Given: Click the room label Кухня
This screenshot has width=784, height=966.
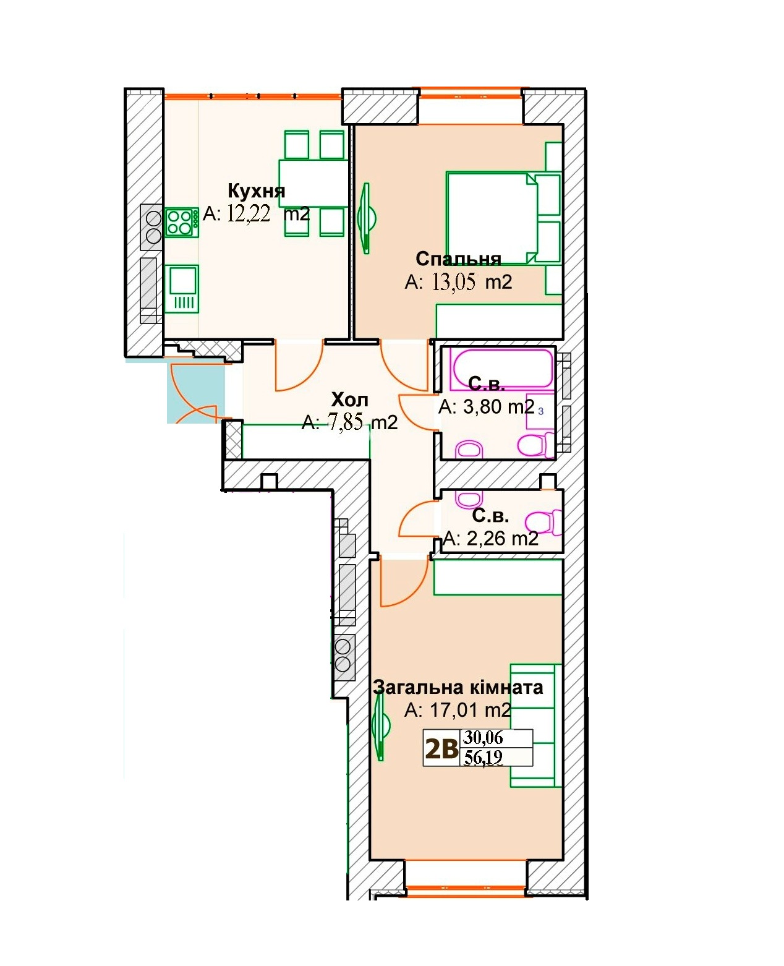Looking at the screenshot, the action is tap(256, 191).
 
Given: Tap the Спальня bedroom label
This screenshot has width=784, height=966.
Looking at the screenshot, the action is tap(458, 259).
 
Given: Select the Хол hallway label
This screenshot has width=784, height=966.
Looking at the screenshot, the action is tap(349, 400).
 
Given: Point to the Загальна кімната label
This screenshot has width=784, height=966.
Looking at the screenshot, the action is tap(458, 688).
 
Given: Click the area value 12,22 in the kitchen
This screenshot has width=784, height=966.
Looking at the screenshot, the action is tap(249, 213).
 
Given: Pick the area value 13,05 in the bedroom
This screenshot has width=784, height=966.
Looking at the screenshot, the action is tap(453, 282).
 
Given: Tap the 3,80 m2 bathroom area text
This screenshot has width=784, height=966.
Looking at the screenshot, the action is tap(487, 407).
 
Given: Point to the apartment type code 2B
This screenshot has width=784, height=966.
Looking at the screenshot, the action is tap(441, 749).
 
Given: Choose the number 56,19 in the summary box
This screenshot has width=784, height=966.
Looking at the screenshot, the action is tap(483, 758).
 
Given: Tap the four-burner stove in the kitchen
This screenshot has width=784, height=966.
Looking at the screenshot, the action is tap(181, 222).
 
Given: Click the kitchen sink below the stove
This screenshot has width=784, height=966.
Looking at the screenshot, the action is tap(181, 289).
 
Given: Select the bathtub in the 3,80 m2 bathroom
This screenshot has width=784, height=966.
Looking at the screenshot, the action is tap(501, 369).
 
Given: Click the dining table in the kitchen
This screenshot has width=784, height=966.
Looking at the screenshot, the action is tap(313, 183).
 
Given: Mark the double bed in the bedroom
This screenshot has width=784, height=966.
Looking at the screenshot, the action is tap(503, 218).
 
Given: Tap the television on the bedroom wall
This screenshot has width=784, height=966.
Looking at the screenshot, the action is tap(367, 218).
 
